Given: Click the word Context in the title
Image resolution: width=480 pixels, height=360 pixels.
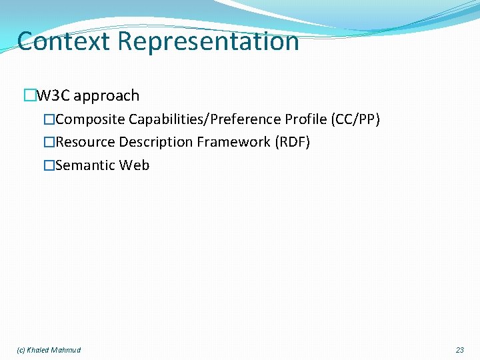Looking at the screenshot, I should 64,41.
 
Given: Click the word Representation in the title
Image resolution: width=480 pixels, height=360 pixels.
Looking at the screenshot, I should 209,41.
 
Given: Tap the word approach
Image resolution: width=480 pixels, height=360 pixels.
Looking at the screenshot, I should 106,96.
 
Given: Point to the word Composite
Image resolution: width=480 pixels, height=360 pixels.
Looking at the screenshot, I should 91,119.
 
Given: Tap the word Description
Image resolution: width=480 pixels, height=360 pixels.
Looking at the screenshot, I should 156,142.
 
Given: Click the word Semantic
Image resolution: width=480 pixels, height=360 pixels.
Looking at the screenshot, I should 86,165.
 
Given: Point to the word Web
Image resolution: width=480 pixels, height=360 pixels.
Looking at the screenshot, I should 135,165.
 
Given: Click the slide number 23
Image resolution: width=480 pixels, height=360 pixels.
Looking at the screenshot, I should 459,350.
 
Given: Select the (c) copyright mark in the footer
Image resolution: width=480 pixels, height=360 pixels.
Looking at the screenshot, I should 21,350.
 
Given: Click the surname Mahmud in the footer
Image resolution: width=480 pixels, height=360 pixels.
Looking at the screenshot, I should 67,350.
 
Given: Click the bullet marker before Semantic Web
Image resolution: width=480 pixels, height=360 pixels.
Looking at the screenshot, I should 49,165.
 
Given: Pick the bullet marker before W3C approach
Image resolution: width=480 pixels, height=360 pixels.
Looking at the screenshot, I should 29,96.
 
